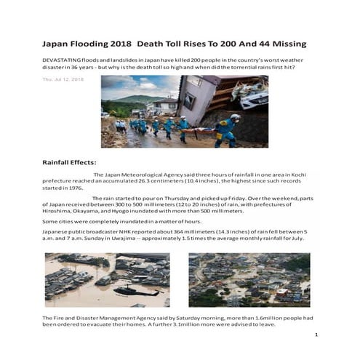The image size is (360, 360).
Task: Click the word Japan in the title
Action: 59,44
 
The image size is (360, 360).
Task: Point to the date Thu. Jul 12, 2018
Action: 63,79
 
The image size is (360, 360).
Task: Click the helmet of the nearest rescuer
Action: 235,116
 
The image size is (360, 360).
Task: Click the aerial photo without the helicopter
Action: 249,279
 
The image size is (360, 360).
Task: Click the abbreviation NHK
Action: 123,231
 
